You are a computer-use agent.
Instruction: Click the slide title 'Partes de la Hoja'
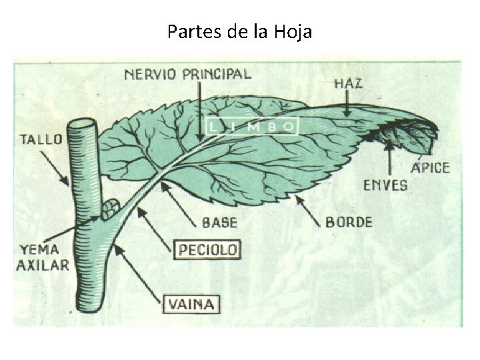239,31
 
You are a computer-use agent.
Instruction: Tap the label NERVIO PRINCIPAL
187,73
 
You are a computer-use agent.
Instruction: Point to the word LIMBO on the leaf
251,126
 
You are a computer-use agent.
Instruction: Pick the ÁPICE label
430,167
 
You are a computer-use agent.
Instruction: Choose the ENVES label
385,185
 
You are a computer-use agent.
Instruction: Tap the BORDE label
349,221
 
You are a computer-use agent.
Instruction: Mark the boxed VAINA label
191,305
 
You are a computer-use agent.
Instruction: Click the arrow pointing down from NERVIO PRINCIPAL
201,110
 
